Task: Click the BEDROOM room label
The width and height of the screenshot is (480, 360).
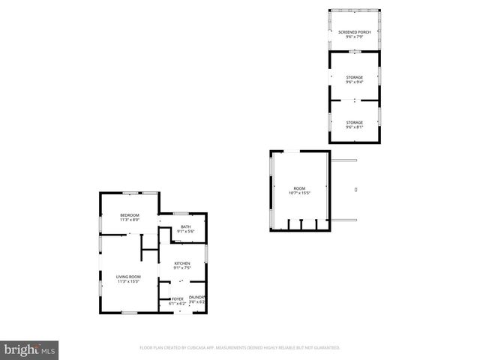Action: pyautogui.click(x=129, y=216)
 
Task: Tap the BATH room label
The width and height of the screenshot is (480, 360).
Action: pyautogui.click(x=185, y=226)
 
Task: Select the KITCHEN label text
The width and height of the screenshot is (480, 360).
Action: pyautogui.click(x=182, y=263)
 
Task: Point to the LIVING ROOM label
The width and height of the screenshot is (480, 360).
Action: pyautogui.click(x=129, y=277)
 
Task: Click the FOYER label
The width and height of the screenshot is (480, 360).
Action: pyautogui.click(x=178, y=298)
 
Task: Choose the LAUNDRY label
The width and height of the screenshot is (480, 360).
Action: pyautogui.click(x=197, y=298)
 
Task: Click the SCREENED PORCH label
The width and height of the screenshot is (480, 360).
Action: pyautogui.click(x=354, y=32)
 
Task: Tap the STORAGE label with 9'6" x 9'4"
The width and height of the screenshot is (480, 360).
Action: pyautogui.click(x=354, y=77)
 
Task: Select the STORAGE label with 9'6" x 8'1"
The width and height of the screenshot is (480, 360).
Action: pyautogui.click(x=354, y=122)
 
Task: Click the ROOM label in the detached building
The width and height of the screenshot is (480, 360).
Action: pyautogui.click(x=299, y=188)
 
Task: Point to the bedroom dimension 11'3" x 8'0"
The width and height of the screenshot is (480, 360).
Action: pyautogui.click(x=129, y=220)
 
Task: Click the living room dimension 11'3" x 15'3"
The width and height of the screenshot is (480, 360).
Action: pyautogui.click(x=129, y=281)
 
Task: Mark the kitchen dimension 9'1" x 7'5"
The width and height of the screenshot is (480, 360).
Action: pyautogui.click(x=182, y=268)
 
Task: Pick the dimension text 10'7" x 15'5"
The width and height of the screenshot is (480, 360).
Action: pyautogui.click(x=299, y=193)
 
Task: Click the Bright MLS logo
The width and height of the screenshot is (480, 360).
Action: pyautogui.click(x=29, y=349)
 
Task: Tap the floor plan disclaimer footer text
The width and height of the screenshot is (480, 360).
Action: pyautogui.click(x=240, y=348)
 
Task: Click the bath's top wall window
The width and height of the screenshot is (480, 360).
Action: pyautogui.click(x=185, y=214)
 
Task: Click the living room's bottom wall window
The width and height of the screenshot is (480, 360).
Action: pyautogui.click(x=129, y=312)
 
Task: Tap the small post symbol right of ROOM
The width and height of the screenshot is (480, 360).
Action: pyautogui.click(x=355, y=190)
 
